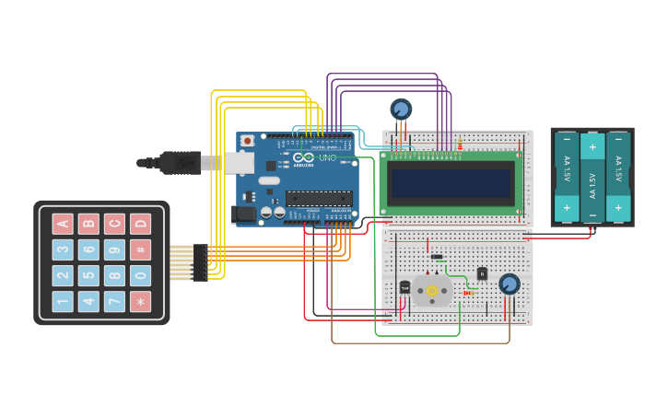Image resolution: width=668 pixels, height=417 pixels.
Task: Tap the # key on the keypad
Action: (x=140, y=249)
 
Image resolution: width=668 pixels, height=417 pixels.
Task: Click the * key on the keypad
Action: (x=140, y=301)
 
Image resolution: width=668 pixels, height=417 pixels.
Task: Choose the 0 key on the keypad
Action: (x=140, y=275)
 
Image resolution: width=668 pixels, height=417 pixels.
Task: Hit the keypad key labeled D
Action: (x=140, y=224)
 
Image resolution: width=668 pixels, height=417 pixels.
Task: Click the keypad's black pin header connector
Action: (x=200, y=262)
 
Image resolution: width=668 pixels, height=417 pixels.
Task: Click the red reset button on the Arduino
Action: (x=247, y=141)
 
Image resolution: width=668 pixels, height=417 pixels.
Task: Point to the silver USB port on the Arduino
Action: (x=239, y=163)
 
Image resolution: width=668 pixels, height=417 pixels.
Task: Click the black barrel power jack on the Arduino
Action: (x=245, y=214)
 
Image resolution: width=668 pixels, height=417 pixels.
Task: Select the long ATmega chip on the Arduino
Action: (x=319, y=198)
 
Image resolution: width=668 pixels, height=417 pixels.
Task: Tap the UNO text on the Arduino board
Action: (x=327, y=157)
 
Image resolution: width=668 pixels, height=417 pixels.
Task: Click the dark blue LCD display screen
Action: (x=451, y=183)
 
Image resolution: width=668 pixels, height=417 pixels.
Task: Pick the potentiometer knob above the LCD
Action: (x=400, y=110)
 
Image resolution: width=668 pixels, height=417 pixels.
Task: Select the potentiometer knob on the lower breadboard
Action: (x=509, y=284)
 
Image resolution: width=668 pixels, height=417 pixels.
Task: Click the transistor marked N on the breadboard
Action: (x=482, y=273)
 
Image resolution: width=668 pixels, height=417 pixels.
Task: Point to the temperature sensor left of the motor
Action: (x=404, y=287)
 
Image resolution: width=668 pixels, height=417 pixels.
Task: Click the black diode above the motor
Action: (x=437, y=257)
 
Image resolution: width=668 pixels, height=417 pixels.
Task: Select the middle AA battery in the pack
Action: (x=592, y=177)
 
